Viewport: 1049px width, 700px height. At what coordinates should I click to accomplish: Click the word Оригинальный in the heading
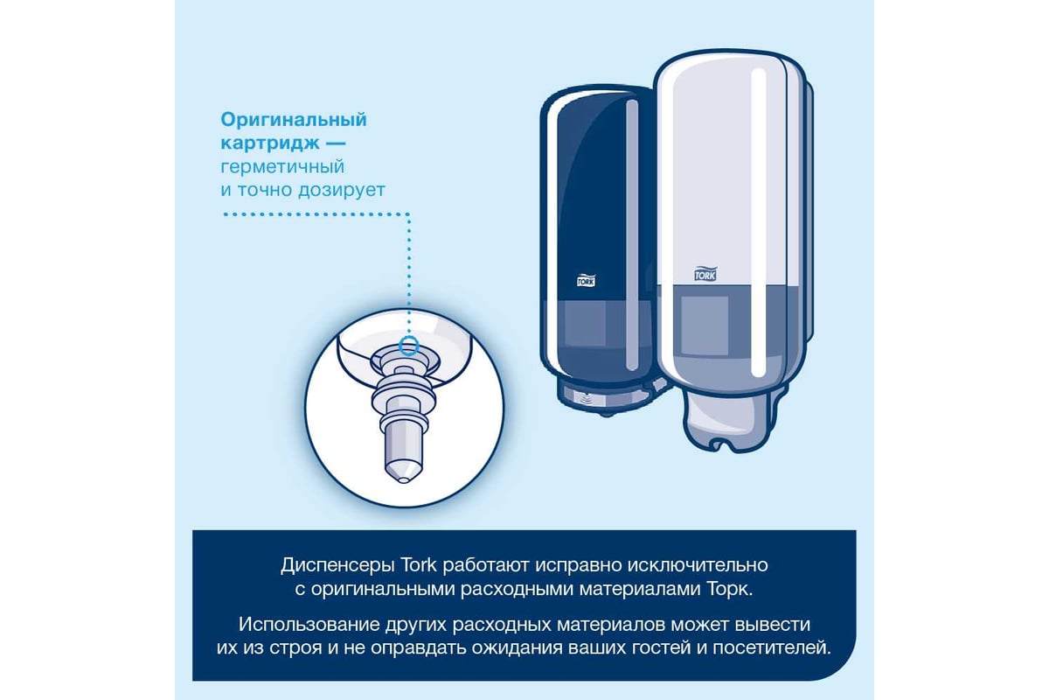click(x=294, y=120)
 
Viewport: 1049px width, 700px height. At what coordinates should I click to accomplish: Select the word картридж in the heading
click(x=270, y=143)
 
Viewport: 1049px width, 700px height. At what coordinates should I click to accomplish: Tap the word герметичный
click(x=282, y=167)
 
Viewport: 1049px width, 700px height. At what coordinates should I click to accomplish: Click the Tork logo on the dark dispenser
click(x=586, y=280)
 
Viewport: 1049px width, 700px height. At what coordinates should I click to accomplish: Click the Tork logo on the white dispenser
click(x=705, y=273)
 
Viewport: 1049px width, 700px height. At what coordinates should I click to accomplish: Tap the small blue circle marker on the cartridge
click(x=408, y=346)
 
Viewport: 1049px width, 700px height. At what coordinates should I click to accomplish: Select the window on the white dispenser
click(x=704, y=325)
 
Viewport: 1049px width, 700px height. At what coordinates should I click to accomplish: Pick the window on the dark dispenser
click(x=586, y=323)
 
